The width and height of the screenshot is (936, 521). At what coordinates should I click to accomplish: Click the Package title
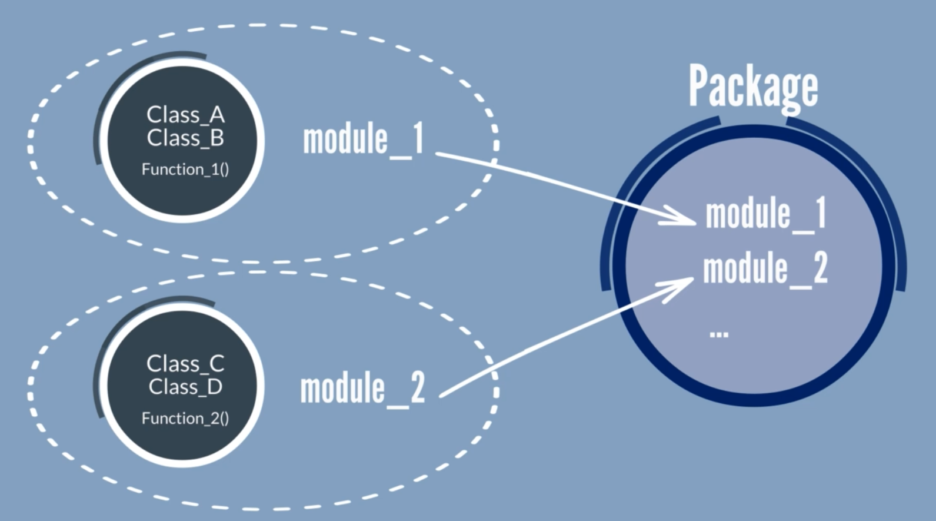[x=753, y=87]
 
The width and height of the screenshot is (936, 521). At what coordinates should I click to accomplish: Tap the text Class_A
[x=185, y=115]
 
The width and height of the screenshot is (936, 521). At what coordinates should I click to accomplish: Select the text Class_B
[x=185, y=138]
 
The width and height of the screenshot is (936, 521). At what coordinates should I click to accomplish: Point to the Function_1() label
[x=185, y=170]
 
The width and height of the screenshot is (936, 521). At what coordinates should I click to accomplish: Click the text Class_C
[x=185, y=364]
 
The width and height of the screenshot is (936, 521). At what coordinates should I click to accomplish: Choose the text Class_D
[x=185, y=387]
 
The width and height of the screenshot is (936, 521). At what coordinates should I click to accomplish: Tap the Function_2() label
[x=185, y=419]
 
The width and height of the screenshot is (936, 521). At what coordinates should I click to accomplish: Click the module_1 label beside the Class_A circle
[x=363, y=140]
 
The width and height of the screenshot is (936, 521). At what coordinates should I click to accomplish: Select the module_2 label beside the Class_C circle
[x=362, y=389]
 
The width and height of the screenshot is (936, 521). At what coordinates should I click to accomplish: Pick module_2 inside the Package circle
[x=765, y=268]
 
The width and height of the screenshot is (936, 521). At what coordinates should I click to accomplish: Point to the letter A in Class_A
[x=216, y=115]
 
